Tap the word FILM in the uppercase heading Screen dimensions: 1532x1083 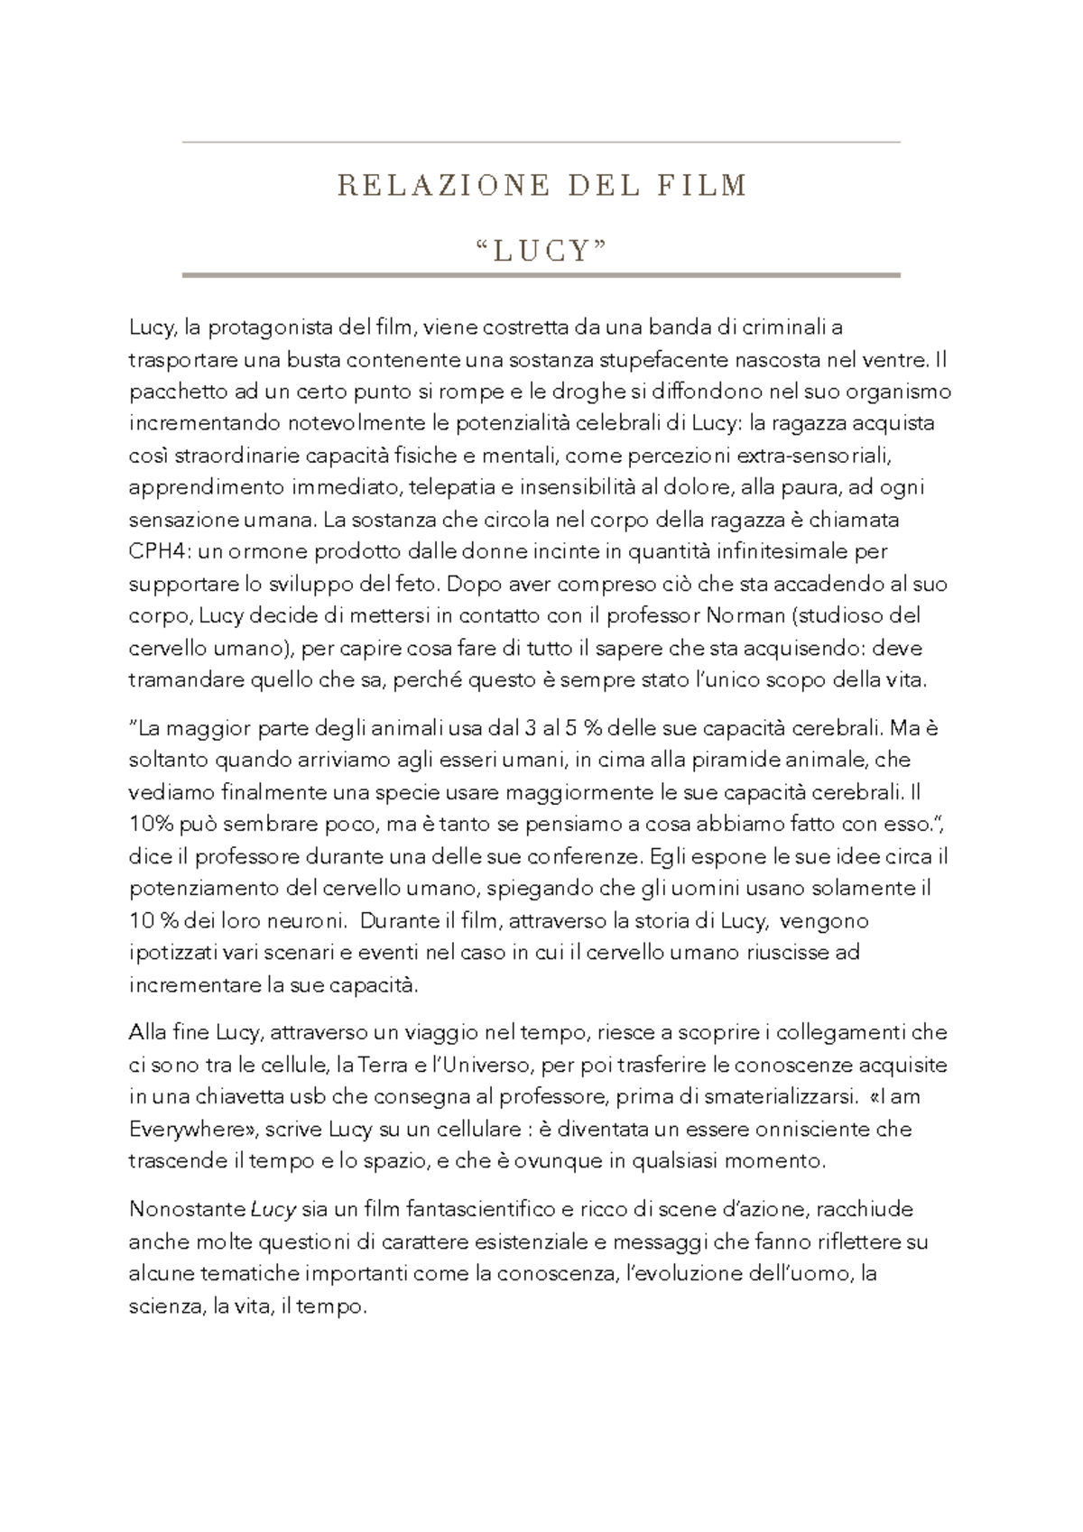[x=705, y=186]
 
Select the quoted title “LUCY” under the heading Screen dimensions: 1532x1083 [x=541, y=249]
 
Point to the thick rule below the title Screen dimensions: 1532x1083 [x=541, y=274]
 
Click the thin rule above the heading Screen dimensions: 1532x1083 [x=541, y=143]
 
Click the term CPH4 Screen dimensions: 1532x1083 [x=153, y=552]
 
